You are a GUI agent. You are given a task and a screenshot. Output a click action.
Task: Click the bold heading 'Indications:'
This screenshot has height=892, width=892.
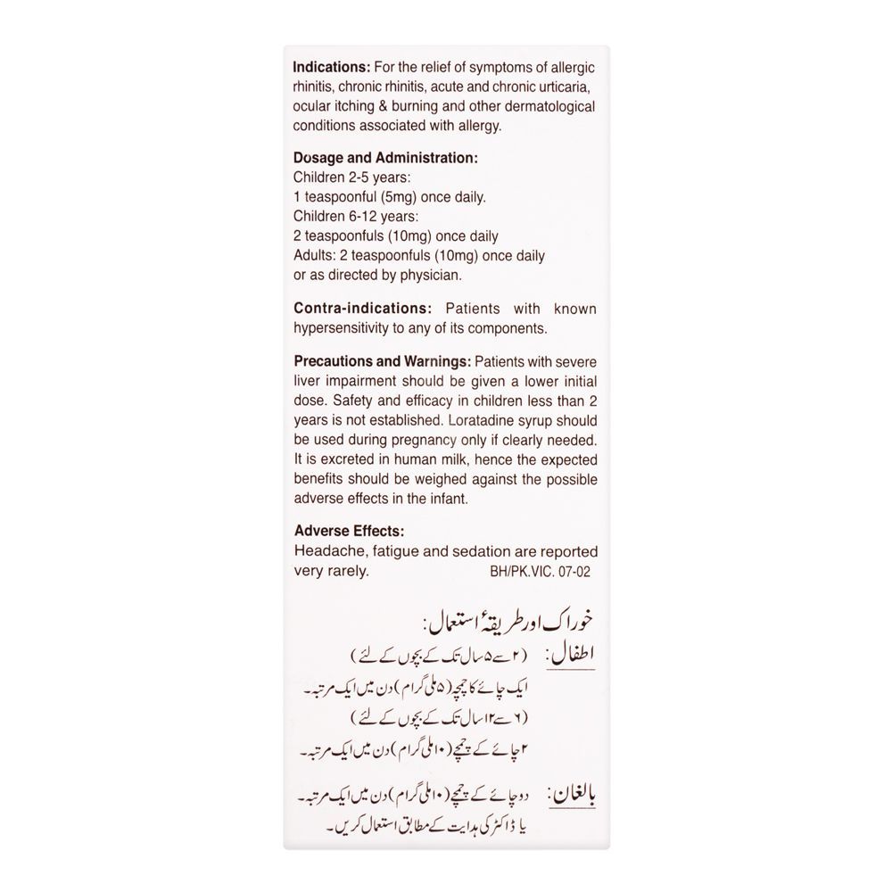click(331, 68)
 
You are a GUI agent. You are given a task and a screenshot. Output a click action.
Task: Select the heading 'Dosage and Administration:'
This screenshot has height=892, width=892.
click(385, 158)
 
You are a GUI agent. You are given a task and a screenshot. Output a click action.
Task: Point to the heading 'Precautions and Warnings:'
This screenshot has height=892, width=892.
click(383, 362)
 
